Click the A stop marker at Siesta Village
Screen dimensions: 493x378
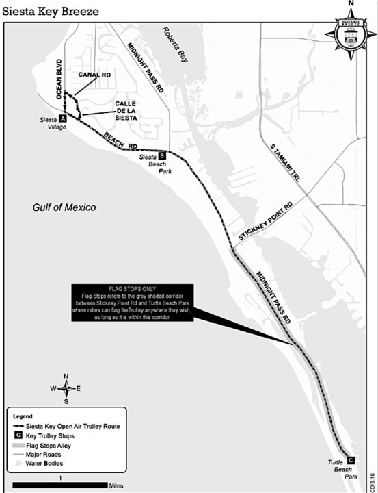pyautogui.click(x=62, y=118)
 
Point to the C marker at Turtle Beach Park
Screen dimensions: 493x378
pyautogui.click(x=351, y=460)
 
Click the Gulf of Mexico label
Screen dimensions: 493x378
pyautogui.click(x=65, y=207)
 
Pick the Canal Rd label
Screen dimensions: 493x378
pyautogui.click(x=95, y=75)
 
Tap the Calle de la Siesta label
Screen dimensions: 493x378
pyautogui.click(x=125, y=110)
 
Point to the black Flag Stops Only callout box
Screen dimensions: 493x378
pyautogui.click(x=133, y=303)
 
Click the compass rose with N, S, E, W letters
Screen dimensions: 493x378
pyautogui.click(x=66, y=388)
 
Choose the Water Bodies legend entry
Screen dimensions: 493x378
pyautogui.click(x=45, y=463)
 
